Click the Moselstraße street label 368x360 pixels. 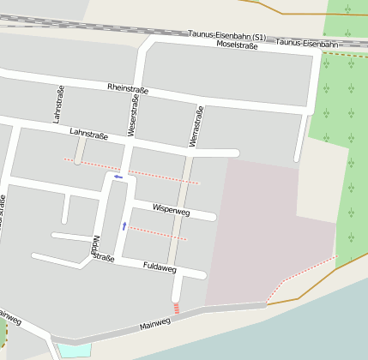click(238, 45)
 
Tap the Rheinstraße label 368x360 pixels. click(128, 88)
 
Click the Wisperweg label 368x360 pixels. click(171, 210)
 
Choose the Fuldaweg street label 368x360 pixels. click(160, 267)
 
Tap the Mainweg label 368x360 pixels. click(155, 325)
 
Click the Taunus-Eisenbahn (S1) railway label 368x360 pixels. click(226, 37)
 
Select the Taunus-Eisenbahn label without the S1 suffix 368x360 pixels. click(308, 43)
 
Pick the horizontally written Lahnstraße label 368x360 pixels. click(88, 135)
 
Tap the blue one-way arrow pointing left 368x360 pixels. click(118, 177)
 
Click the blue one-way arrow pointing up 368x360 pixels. click(124, 225)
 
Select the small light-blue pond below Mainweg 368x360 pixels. click(75, 349)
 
